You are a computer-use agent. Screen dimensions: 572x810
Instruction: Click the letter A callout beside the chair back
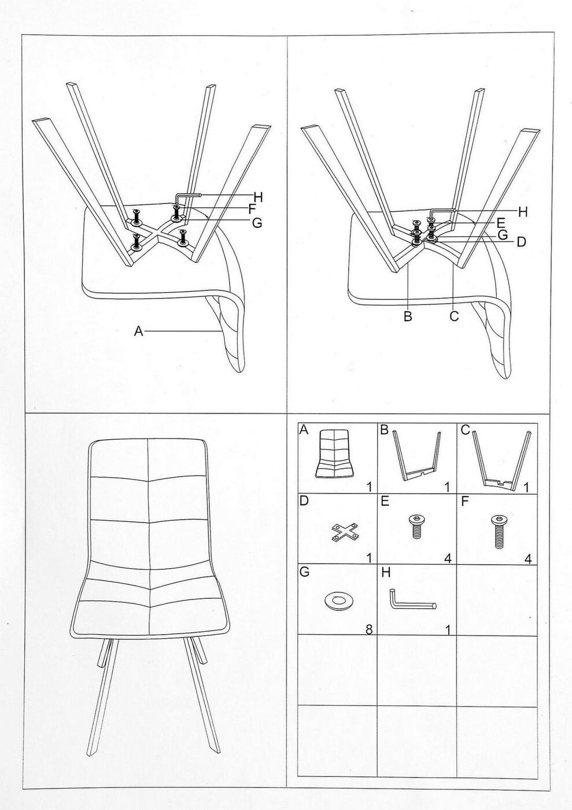[138, 331]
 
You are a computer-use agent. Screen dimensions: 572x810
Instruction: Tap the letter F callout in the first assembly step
[252, 209]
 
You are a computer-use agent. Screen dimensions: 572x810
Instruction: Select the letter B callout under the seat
[408, 316]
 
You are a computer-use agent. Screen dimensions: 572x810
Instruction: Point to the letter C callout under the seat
[454, 316]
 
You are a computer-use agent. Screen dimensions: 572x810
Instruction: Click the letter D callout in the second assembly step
[521, 242]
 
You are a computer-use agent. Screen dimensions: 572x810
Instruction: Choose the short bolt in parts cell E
[416, 526]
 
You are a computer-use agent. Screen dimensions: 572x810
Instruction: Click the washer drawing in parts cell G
[338, 601]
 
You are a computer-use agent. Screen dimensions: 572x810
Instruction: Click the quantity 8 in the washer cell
[369, 629]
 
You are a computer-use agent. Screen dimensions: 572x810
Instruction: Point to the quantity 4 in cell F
[527, 559]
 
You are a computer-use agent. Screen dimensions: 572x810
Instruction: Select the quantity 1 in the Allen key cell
[448, 630]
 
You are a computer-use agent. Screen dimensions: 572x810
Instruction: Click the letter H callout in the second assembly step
[522, 212]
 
